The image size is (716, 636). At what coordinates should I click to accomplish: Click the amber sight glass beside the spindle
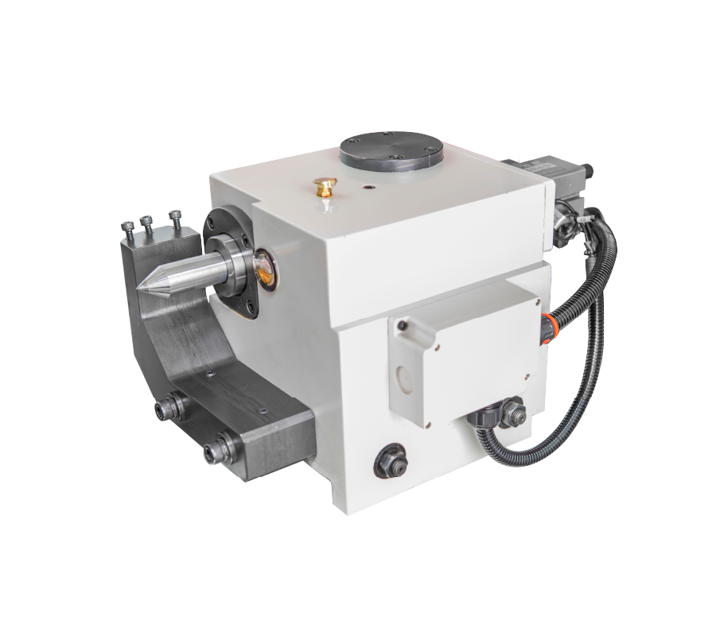[x=265, y=267]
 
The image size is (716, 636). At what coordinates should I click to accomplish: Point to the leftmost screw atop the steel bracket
[x=128, y=229]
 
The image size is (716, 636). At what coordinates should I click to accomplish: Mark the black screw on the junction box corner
[x=403, y=326]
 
